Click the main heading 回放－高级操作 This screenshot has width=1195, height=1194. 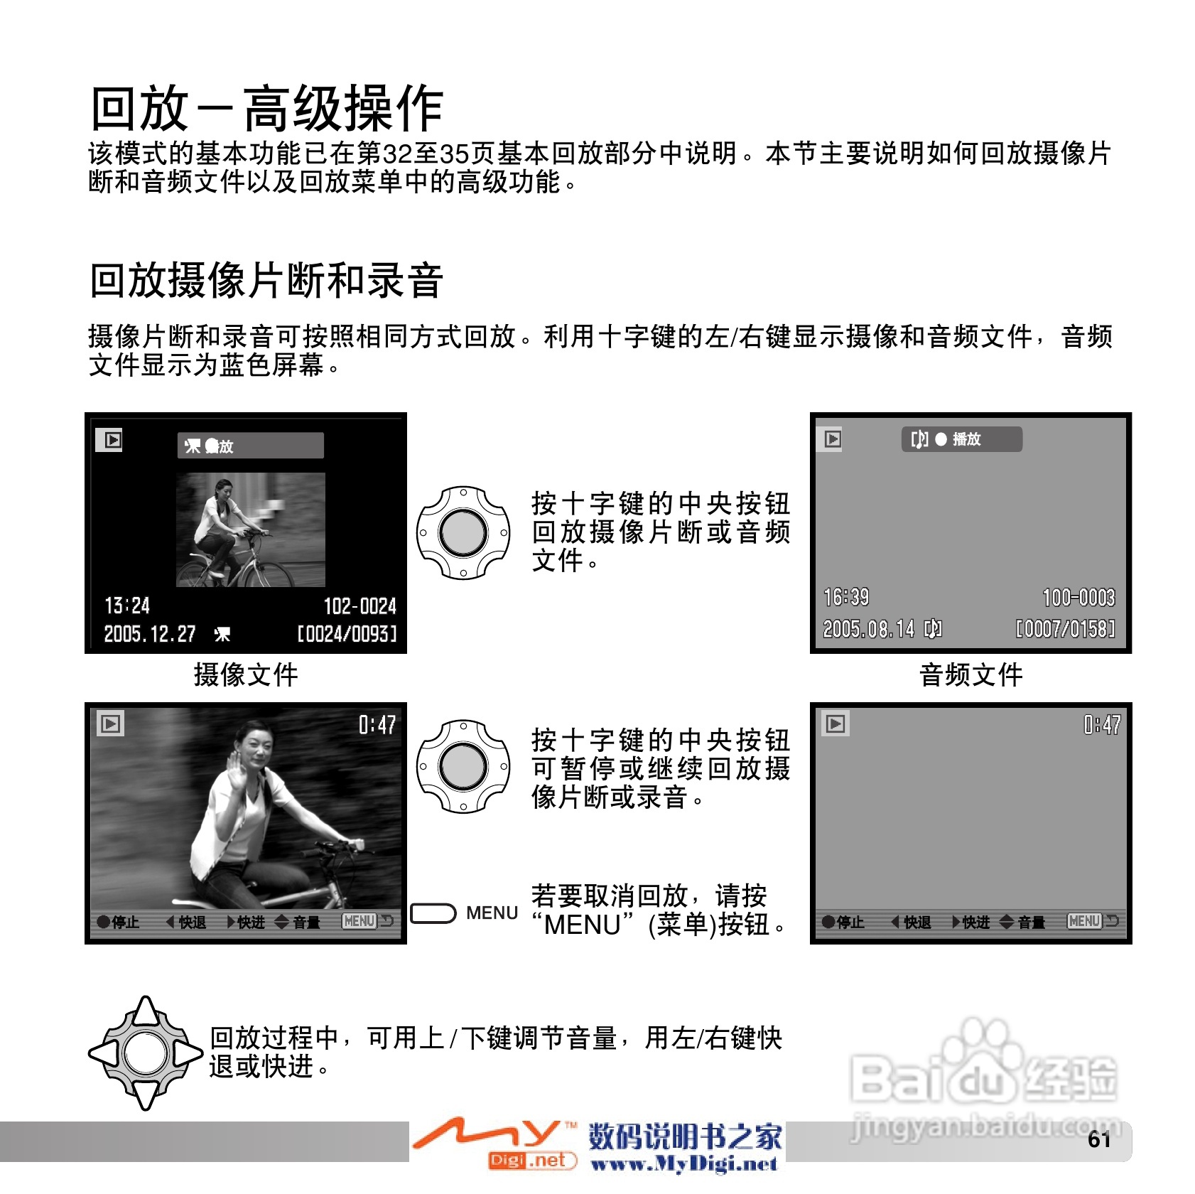tap(267, 108)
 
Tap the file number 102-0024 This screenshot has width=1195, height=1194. tap(359, 606)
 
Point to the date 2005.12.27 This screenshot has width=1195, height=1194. tap(150, 634)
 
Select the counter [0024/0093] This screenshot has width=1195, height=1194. tap(347, 634)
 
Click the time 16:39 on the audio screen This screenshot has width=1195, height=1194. tap(846, 597)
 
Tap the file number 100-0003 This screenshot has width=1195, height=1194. tap(1078, 598)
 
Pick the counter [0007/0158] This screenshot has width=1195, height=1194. tap(1065, 629)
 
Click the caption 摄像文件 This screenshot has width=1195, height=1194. tap(246, 674)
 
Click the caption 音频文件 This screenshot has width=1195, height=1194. tap(971, 674)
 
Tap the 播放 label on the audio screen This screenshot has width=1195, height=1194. tap(966, 439)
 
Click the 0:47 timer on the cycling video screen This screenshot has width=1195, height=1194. tap(377, 725)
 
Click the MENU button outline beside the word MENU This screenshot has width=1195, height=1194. tap(433, 913)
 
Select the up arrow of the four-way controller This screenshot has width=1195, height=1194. tap(146, 1011)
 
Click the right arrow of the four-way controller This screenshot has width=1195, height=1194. tap(188, 1053)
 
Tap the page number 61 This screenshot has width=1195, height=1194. tap(1099, 1139)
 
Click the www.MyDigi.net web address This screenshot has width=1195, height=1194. tap(684, 1163)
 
